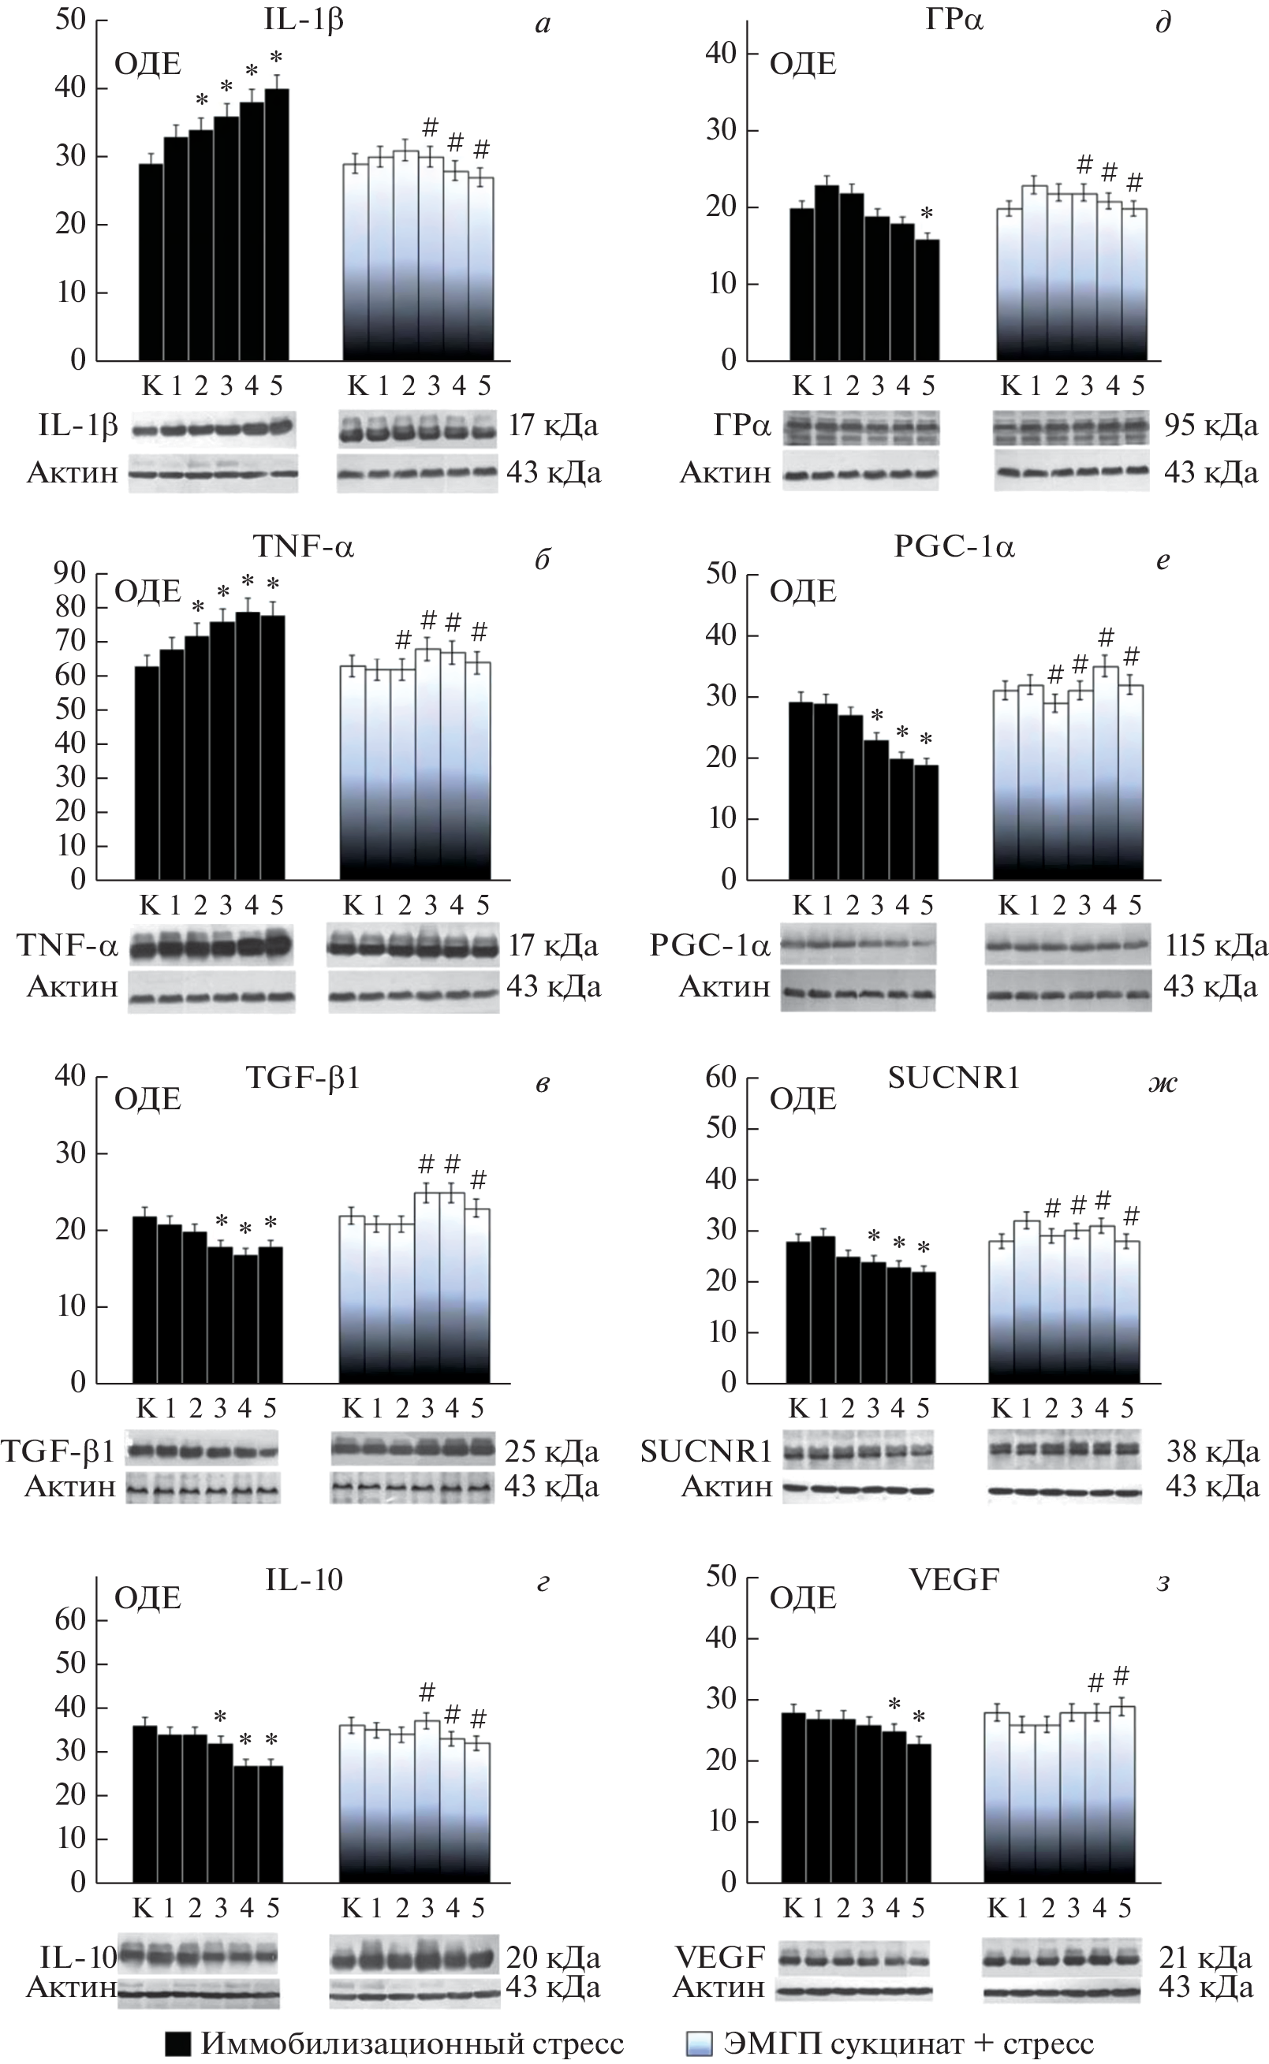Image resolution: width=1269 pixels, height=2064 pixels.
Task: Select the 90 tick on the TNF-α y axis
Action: tap(70, 574)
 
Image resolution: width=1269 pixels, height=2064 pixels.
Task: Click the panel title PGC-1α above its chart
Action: tap(954, 548)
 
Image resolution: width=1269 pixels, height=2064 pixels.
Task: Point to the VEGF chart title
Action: tap(954, 1581)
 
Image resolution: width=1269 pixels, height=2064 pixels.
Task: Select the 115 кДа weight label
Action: tap(1215, 945)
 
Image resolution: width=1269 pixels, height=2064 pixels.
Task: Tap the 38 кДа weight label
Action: tap(1212, 1451)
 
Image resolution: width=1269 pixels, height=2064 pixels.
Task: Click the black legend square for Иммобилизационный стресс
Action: tap(177, 2044)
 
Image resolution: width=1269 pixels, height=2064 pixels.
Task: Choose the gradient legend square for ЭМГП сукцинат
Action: tap(699, 2044)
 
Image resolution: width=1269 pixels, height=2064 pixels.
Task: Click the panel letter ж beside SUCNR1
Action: tap(1163, 1083)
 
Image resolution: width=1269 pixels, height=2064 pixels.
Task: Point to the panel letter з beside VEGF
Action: tap(1163, 1582)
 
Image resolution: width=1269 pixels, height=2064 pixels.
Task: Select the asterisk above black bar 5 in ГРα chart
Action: tap(927, 213)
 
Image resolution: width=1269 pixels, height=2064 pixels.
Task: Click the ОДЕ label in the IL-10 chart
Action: tap(147, 1598)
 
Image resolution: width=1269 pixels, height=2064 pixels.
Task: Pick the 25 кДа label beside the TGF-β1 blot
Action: tap(551, 1451)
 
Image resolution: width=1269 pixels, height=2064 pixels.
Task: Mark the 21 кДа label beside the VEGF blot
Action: tap(1205, 1958)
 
